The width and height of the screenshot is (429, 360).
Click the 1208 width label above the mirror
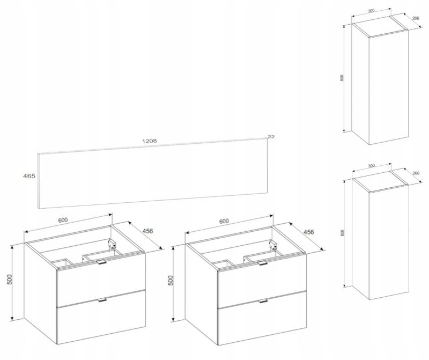click(x=150, y=141)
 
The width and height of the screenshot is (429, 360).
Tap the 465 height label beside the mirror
click(x=29, y=176)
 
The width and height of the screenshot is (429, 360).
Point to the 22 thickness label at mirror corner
click(x=271, y=137)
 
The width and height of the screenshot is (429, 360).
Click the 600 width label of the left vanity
click(x=62, y=220)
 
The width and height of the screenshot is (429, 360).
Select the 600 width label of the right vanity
click(x=224, y=222)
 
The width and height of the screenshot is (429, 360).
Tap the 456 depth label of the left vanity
click(x=148, y=231)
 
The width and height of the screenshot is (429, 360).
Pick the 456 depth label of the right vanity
click(x=309, y=232)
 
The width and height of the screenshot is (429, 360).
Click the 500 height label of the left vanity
click(x=10, y=279)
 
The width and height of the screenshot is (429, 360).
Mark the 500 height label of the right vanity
click(x=171, y=281)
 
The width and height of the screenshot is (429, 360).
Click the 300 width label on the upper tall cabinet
click(x=371, y=11)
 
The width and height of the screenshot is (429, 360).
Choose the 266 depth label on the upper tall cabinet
click(x=415, y=18)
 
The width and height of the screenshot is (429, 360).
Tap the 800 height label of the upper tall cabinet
click(x=342, y=78)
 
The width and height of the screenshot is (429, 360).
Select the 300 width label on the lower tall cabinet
click(x=371, y=166)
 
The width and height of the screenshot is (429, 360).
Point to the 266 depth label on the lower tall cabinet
click(x=416, y=173)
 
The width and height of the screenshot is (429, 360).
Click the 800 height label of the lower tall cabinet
click(x=342, y=233)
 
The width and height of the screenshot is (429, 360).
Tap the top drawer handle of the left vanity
click(x=101, y=262)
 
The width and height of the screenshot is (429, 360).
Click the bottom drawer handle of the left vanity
click(x=102, y=300)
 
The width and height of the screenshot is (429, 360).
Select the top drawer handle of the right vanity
click(x=262, y=263)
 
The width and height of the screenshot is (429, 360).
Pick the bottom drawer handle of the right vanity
click(x=263, y=301)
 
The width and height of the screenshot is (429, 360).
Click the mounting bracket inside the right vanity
click(x=273, y=245)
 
